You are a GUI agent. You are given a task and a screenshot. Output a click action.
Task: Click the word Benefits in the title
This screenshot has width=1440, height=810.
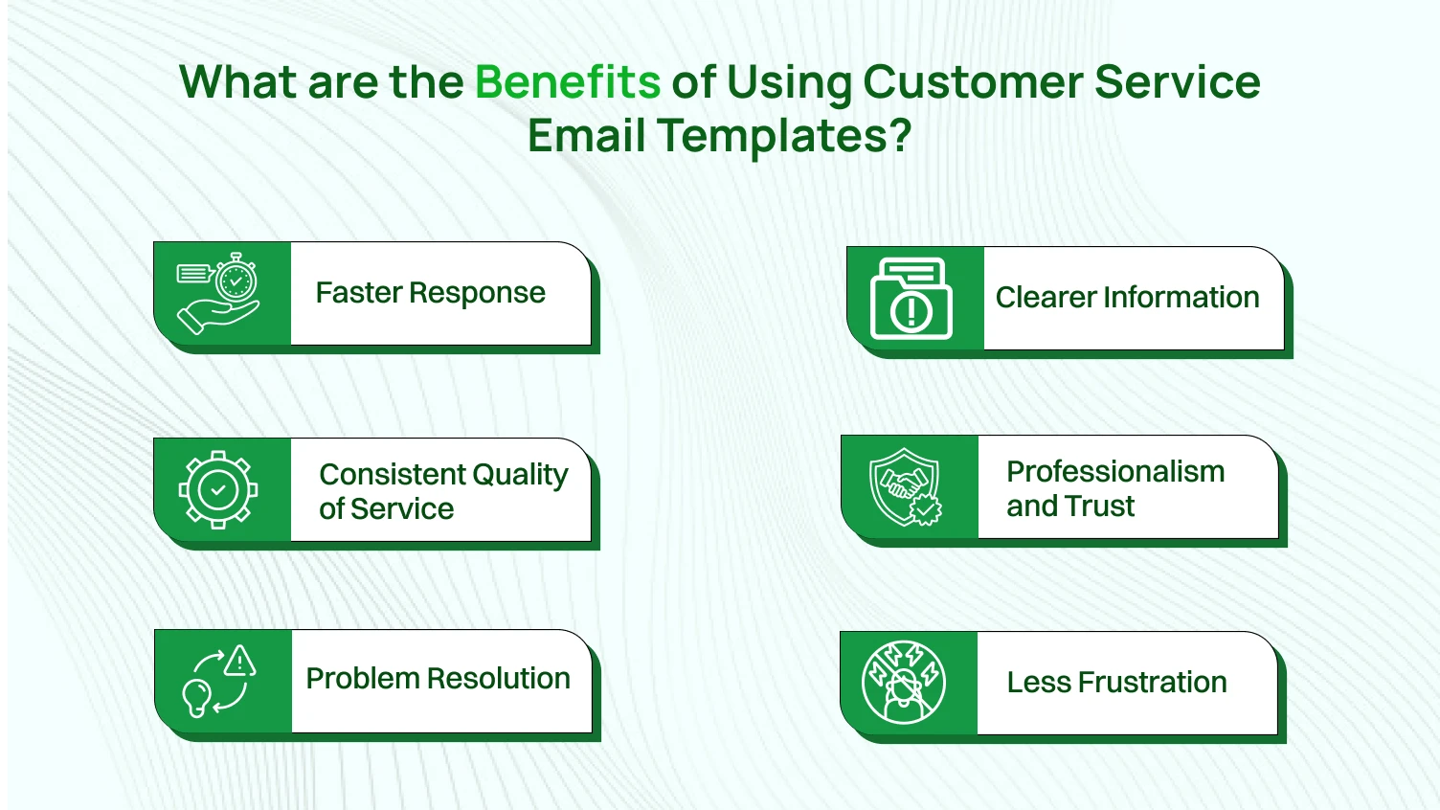[567, 82]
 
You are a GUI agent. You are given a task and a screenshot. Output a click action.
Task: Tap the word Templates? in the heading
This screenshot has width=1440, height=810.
[783, 135]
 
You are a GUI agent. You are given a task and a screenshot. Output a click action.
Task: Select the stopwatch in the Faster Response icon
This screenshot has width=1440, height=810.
[236, 281]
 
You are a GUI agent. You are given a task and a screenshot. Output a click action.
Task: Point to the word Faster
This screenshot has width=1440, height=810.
[359, 292]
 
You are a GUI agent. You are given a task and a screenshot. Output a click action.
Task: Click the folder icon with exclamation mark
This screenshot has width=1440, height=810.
[911, 298]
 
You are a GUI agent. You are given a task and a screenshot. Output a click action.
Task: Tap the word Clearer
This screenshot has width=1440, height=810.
[1046, 297]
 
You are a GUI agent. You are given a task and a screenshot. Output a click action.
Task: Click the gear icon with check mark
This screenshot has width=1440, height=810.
[218, 490]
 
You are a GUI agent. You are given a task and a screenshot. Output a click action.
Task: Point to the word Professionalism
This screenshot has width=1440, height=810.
[1115, 471]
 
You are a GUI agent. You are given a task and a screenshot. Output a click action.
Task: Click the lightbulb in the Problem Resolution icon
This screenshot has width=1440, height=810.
[197, 697]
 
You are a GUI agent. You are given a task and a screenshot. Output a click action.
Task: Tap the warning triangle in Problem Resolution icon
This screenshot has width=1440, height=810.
[239, 661]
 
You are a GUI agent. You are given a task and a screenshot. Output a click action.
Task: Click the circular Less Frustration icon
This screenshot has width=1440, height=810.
[904, 683]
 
